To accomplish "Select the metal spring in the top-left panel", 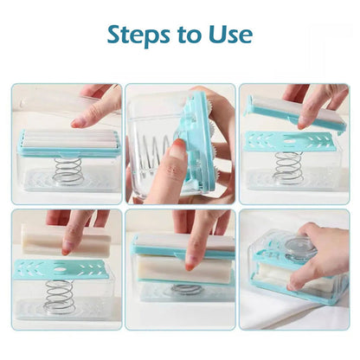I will click(67, 170).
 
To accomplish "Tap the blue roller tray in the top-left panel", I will click(69, 143).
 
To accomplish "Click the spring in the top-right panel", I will click(287, 166).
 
